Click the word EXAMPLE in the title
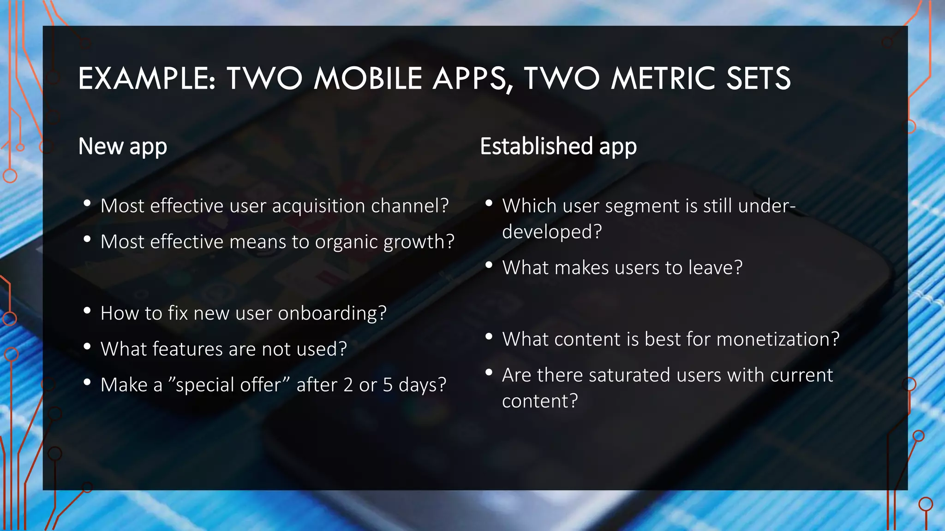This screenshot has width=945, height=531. tap(145, 78)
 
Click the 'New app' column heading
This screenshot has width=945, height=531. tap(122, 147)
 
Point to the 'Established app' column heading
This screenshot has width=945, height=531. tap(558, 147)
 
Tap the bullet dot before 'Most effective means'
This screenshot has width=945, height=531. tap(87, 239)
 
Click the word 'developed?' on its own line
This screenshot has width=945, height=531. tap(552, 231)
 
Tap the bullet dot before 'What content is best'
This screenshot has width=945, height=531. tap(489, 336)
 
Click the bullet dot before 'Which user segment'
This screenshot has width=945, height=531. tap(489, 203)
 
